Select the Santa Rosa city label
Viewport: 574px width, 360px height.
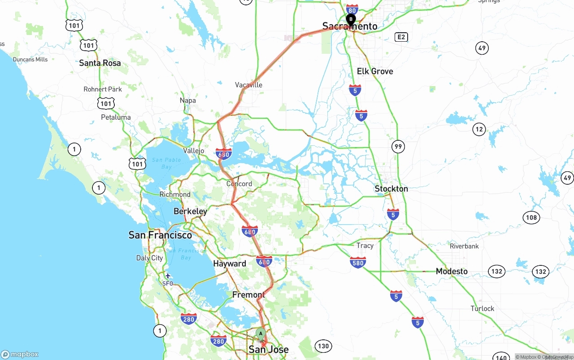[x=100, y=63]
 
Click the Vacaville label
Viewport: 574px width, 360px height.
[x=248, y=85]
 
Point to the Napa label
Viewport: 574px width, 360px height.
[x=188, y=100]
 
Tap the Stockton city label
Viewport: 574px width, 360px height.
[x=391, y=189]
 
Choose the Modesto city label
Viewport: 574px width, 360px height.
[x=452, y=271]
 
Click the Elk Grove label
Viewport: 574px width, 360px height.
[x=375, y=71]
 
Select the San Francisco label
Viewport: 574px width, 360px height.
[x=160, y=235]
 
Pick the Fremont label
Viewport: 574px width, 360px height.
[x=248, y=295]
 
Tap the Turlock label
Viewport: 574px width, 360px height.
[x=482, y=308]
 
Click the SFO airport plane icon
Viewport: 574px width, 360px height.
[x=168, y=276]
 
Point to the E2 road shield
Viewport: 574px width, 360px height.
[x=401, y=37]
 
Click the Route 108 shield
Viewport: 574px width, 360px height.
[x=531, y=217]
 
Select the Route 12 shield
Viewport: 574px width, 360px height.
[x=479, y=130]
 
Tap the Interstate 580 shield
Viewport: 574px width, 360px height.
[x=358, y=262]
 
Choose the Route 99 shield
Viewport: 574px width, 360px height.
[x=398, y=146]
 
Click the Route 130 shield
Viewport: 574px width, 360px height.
[x=323, y=346]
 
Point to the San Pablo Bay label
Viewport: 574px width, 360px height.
[x=166, y=163]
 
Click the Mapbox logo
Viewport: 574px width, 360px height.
[x=20, y=354]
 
